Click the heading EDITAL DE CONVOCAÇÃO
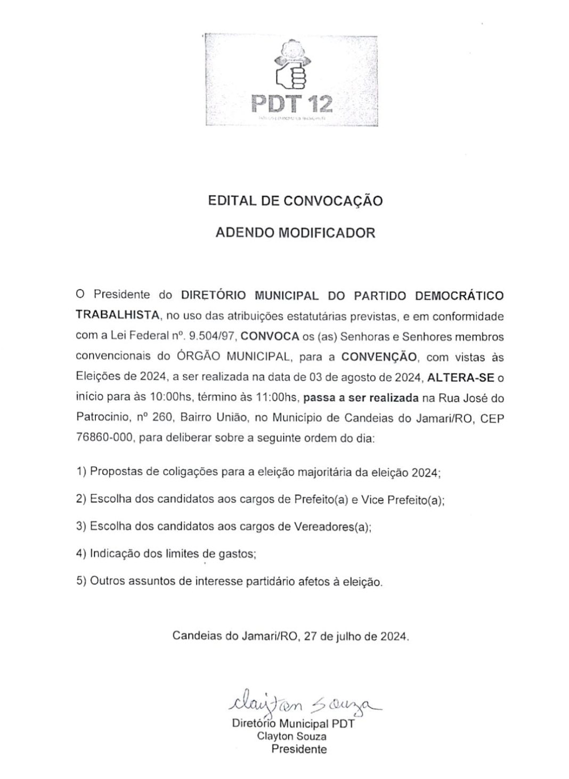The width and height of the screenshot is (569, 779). coord(295,201)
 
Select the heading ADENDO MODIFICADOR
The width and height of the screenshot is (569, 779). coord(295,233)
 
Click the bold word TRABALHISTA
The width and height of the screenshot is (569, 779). coord(118,315)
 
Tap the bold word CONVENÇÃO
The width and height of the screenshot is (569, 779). coord(379,356)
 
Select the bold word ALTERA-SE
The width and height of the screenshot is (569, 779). coord(461,378)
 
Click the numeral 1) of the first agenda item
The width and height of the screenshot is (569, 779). coord(81,472)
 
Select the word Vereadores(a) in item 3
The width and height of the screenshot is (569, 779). coord(331,526)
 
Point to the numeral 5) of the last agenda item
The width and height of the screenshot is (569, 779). coord(81,581)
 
